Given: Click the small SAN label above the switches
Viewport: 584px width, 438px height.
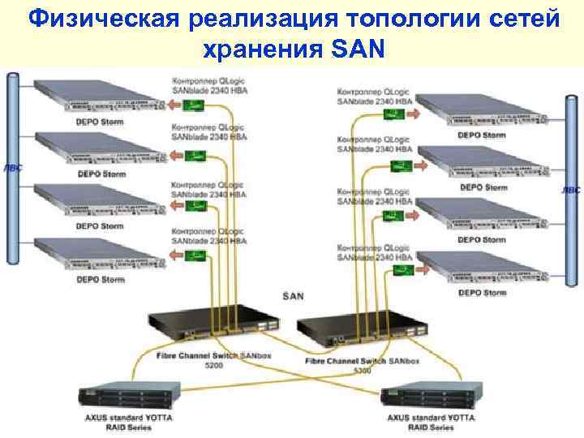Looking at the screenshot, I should [x=292, y=296].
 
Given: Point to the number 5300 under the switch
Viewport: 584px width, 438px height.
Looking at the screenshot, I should [x=362, y=370].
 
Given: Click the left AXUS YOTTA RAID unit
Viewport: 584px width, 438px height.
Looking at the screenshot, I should [x=127, y=397].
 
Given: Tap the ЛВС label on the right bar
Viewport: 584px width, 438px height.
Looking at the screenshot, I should [x=571, y=190].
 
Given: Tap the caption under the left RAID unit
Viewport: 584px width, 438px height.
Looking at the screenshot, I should [x=127, y=423].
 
